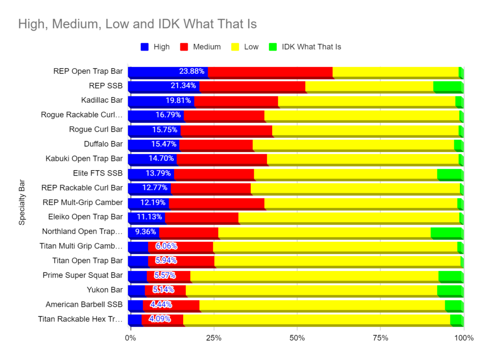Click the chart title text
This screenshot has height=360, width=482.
click(x=137, y=24)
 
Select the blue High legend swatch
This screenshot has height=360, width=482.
click(x=145, y=47)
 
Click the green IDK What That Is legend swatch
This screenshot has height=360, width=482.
click(x=273, y=47)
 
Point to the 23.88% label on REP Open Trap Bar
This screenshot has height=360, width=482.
click(x=192, y=72)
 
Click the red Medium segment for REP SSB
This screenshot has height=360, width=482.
click(x=252, y=86)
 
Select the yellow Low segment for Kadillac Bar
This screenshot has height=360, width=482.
click(x=366, y=101)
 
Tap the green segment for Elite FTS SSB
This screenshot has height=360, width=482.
click(x=450, y=174)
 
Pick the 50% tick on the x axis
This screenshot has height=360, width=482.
click(x=297, y=338)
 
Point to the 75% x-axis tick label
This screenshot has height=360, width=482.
click(x=380, y=338)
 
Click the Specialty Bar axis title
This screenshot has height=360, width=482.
click(x=22, y=202)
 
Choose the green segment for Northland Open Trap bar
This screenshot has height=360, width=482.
click(x=447, y=232)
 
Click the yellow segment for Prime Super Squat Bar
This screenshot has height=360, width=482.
click(x=314, y=275)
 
